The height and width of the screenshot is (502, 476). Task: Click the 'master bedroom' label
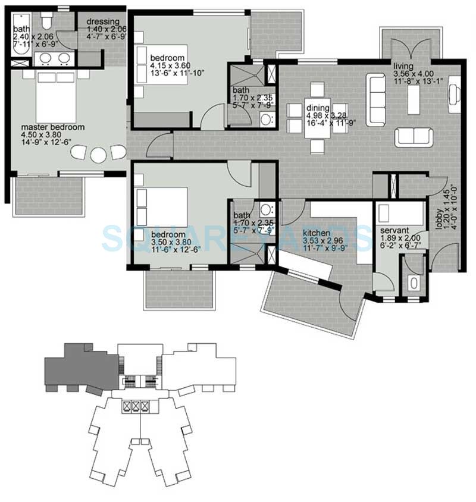tap(52, 127)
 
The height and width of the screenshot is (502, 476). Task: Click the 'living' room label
tap(402, 66)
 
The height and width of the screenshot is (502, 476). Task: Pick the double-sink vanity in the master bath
tap(55, 59)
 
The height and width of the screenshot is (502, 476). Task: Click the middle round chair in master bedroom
tap(98, 155)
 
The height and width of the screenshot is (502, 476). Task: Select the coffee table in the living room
tap(413, 102)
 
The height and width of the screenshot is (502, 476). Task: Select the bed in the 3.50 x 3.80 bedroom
tap(161, 206)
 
